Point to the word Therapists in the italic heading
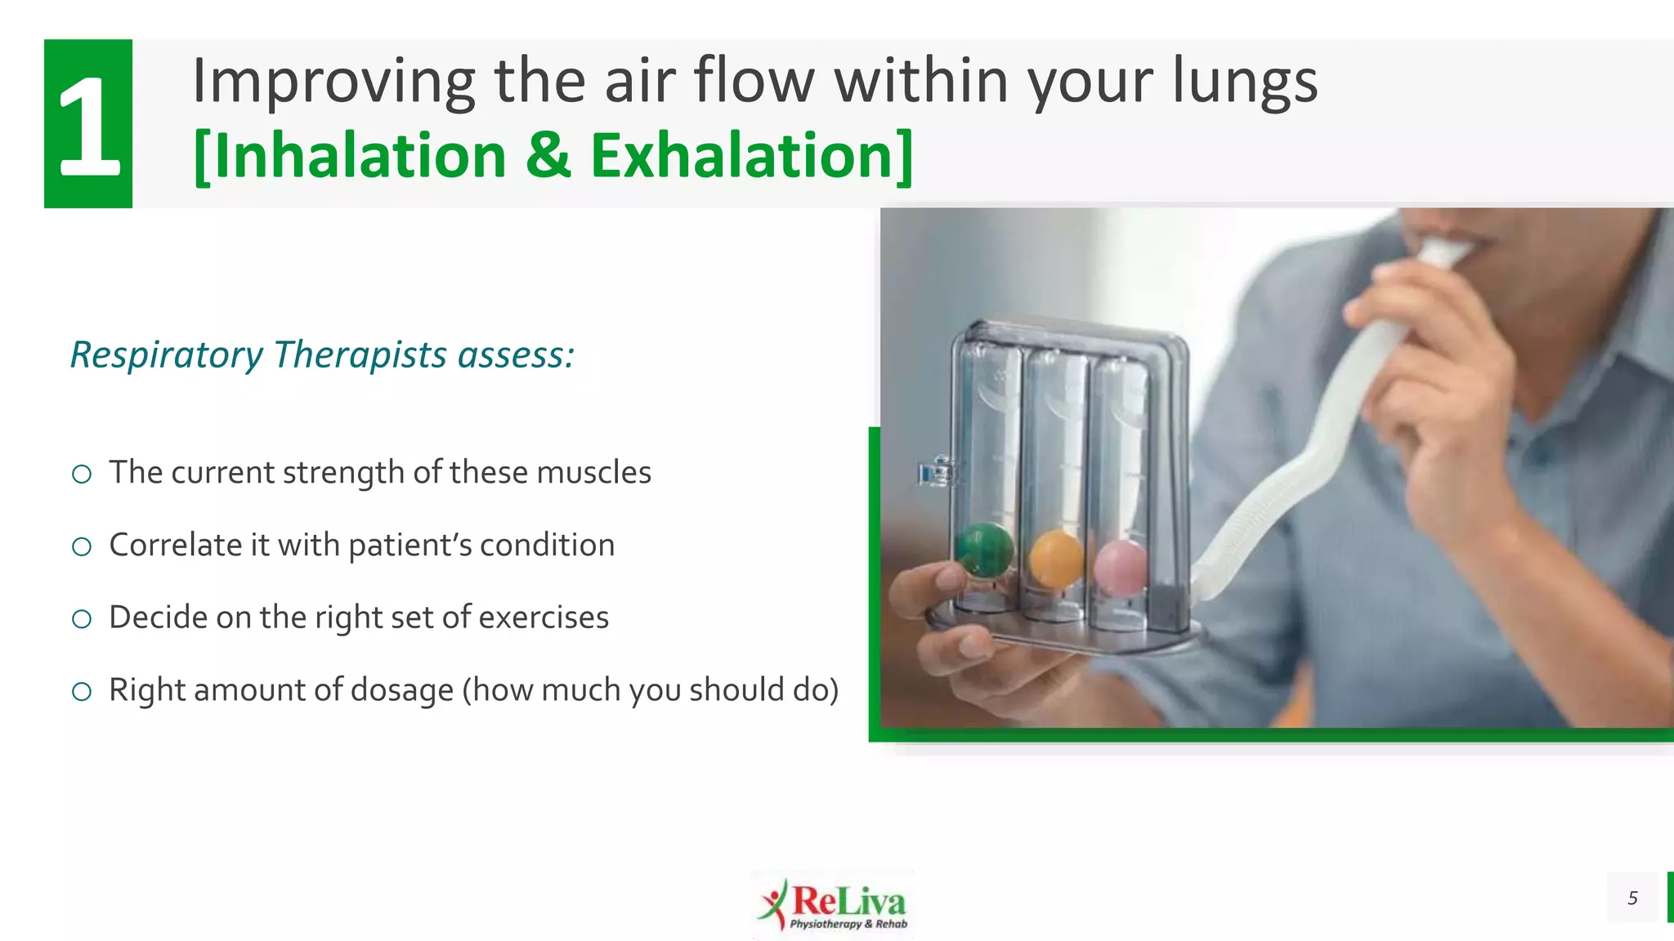360,355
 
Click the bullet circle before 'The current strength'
82,474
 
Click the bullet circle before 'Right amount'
82,692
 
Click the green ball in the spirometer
984,550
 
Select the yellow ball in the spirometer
1055,559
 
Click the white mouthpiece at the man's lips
1445,250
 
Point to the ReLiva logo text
848,902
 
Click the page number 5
1632,899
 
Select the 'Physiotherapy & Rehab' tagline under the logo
848,925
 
